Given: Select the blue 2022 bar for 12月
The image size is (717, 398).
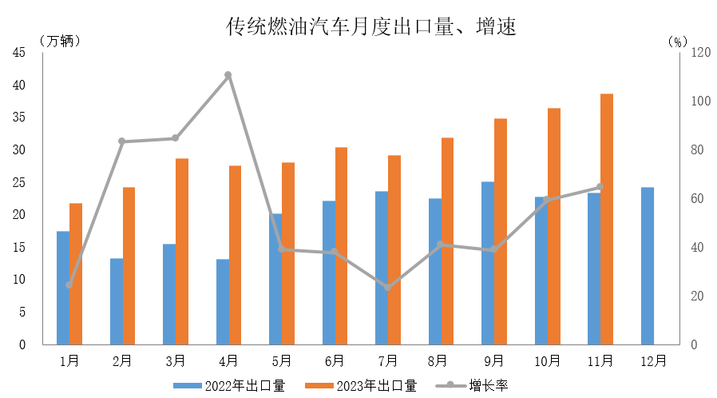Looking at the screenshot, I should pos(647,265).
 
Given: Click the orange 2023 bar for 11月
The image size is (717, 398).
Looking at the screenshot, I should pos(607,219).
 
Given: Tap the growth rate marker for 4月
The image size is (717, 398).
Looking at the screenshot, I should pos(228,75).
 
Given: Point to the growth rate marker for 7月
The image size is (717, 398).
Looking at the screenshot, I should pos(388,287).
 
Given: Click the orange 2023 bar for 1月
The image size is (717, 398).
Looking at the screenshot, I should pos(76,273).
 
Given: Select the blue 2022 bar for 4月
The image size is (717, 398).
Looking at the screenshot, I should pos(222,301).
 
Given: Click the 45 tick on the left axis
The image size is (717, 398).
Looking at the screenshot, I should pos(18,53).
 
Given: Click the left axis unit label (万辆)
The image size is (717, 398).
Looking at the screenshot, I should pos(59,40).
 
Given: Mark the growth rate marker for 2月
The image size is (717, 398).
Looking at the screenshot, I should pos(122,141).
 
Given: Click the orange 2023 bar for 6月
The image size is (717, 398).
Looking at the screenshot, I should pos(341,245).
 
